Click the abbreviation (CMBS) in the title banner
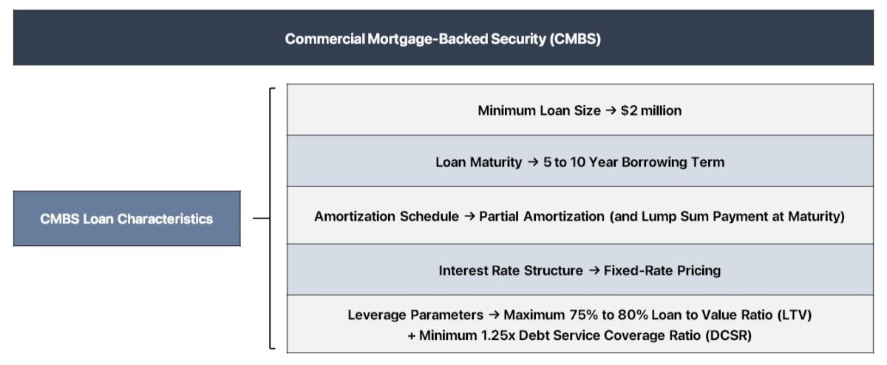click(x=574, y=38)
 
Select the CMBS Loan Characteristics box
click(x=126, y=218)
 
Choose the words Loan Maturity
click(x=478, y=162)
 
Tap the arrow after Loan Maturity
click(x=532, y=162)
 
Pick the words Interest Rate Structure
click(x=511, y=270)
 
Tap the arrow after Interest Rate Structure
click(x=594, y=270)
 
